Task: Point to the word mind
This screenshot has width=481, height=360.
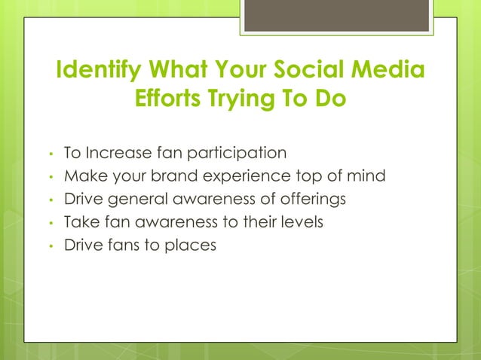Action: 366,176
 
